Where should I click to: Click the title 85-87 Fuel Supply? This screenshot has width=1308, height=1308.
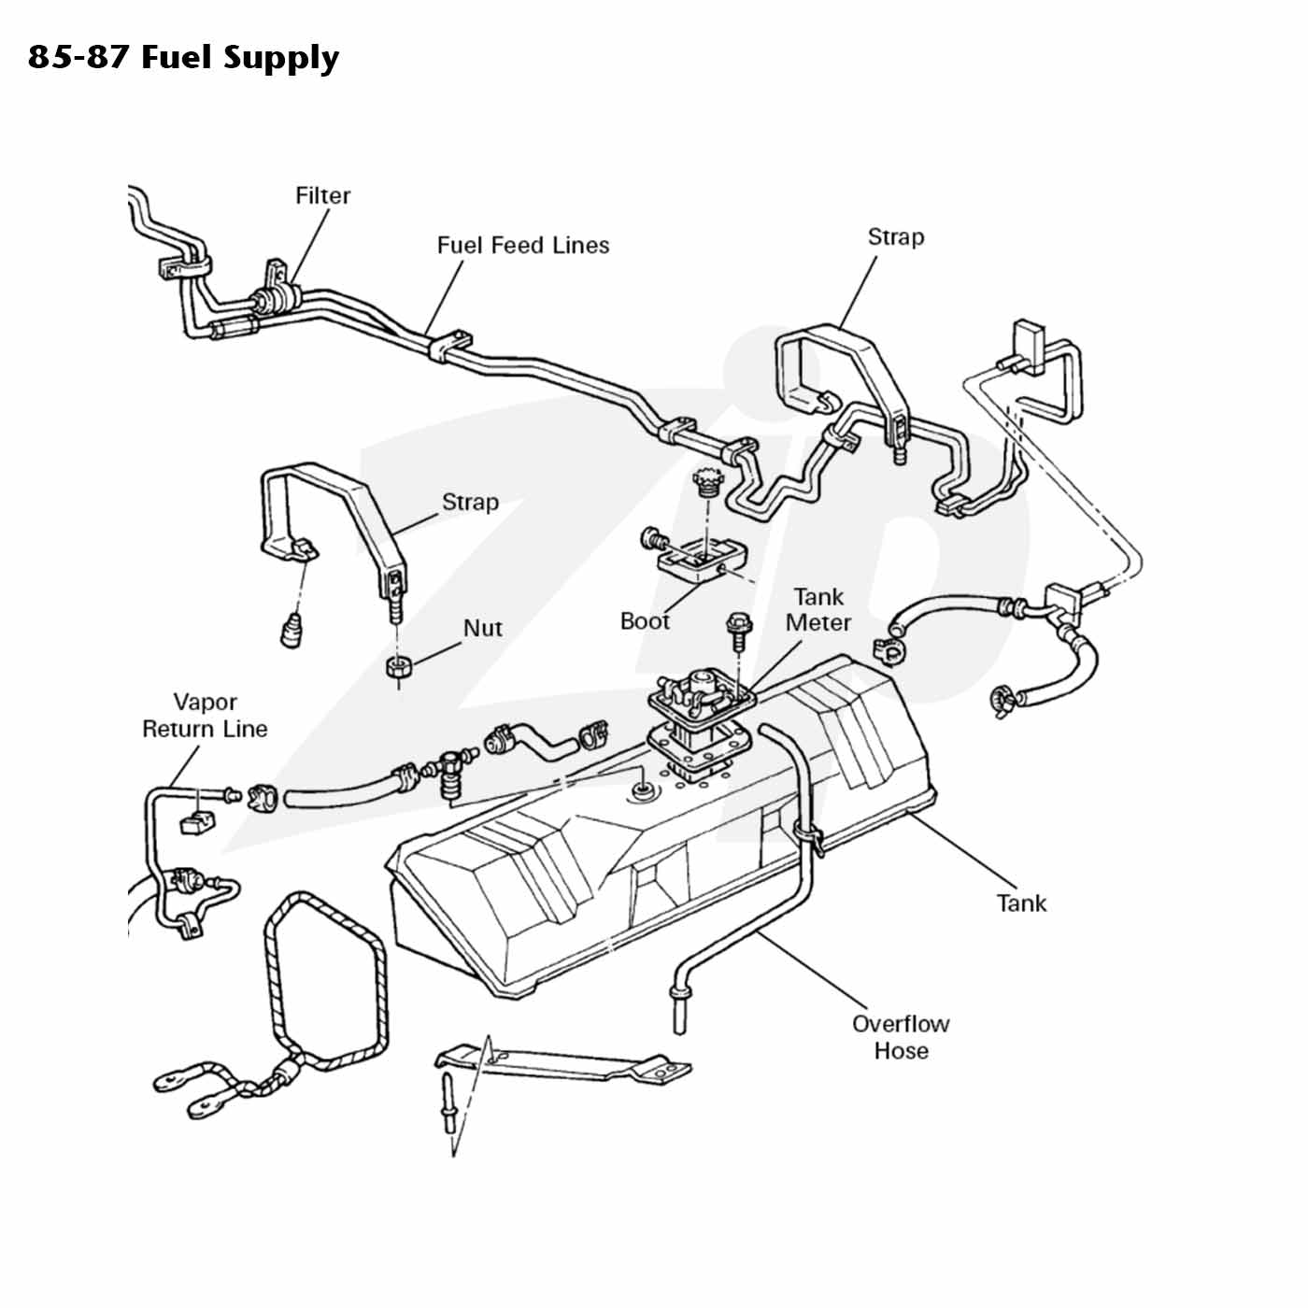[x=183, y=58]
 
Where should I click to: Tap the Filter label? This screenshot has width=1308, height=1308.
[x=322, y=195]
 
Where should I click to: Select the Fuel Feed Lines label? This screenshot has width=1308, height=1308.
[x=522, y=245]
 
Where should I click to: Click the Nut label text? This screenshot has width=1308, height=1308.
[x=483, y=628]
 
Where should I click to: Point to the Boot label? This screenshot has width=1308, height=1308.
[x=645, y=621]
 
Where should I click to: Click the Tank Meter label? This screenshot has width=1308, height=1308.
[x=817, y=609]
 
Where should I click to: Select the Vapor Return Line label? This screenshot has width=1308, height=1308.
[x=205, y=715]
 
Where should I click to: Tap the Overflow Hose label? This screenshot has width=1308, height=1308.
[x=901, y=1036]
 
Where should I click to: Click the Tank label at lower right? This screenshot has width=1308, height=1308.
[x=1021, y=903]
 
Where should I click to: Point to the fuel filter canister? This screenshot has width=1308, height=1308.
[x=275, y=299]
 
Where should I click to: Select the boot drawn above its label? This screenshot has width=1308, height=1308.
[x=703, y=561]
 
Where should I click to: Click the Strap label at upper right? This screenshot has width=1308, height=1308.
[x=895, y=237]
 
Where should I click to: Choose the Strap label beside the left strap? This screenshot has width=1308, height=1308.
[x=470, y=503]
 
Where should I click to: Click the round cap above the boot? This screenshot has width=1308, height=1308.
[x=708, y=480]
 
